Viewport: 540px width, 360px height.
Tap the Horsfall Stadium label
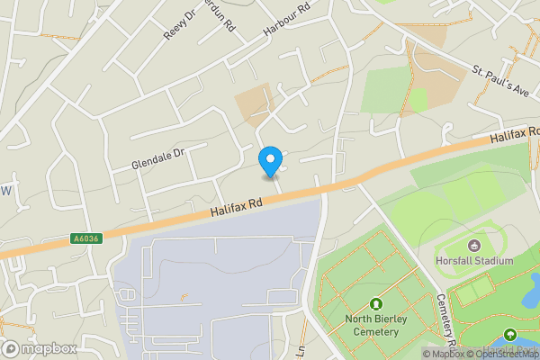[478, 261]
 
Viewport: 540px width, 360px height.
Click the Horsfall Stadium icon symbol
[474, 245]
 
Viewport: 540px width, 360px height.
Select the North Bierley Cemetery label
[372, 326]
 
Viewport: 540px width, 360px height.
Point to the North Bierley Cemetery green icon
[375, 305]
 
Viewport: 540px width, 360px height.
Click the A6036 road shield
[85, 238]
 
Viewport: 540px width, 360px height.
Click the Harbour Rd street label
[286, 19]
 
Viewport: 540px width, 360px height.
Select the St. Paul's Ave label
[505, 80]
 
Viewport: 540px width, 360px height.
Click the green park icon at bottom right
[510, 336]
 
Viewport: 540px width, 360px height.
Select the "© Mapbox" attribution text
[443, 354]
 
